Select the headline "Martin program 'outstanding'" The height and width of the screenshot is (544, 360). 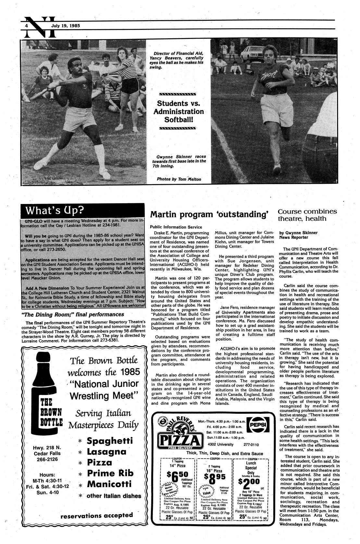pos(209,214)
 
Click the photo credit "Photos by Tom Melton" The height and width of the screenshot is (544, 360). pos(179,179)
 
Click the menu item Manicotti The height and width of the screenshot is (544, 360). pos(109,484)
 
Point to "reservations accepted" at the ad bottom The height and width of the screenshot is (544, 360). pos(96,515)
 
